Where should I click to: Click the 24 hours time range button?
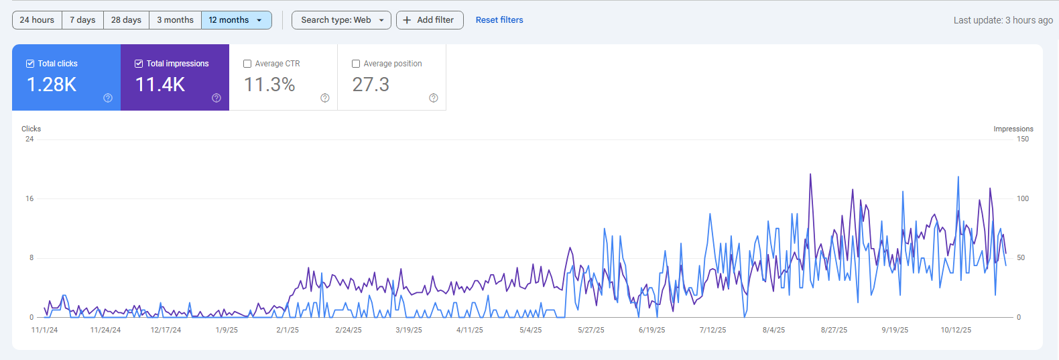[x=37, y=20]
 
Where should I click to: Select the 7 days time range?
[x=82, y=20]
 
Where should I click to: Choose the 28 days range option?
[x=126, y=20]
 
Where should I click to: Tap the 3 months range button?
[x=175, y=20]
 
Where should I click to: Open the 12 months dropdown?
[x=236, y=20]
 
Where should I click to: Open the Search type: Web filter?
[x=342, y=20]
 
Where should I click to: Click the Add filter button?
[x=429, y=20]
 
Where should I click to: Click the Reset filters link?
[x=499, y=20]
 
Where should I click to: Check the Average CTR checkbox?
[x=247, y=64]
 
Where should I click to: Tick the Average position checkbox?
[x=356, y=64]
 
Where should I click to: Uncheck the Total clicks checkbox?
[x=30, y=64]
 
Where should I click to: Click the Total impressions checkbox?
[x=139, y=64]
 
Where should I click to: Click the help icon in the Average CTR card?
[x=325, y=98]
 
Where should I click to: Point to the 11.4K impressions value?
[x=160, y=84]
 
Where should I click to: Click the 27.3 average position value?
[x=371, y=84]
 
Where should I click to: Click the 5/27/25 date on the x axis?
[x=591, y=330]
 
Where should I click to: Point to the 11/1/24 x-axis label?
[x=44, y=330]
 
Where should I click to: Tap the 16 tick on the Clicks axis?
[x=29, y=198]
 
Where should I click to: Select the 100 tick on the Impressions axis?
[x=1023, y=198]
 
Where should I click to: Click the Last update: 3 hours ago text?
[x=1003, y=20]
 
